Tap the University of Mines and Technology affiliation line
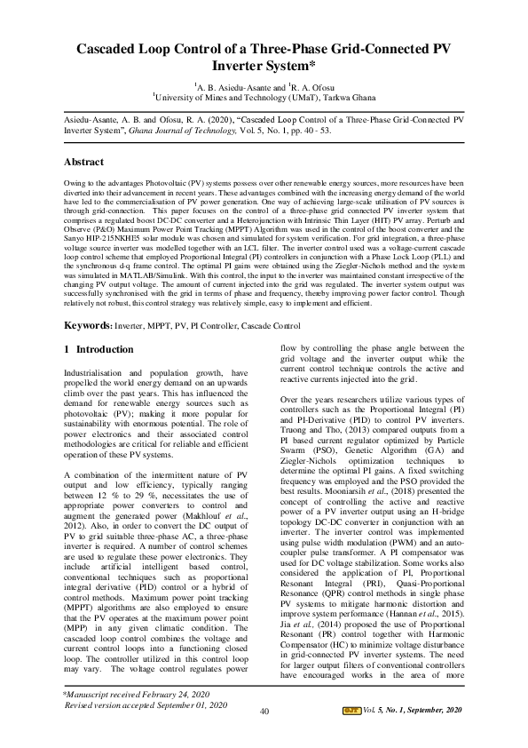click(264, 99)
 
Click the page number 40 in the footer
click(264, 736)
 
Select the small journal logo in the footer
click(351, 735)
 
